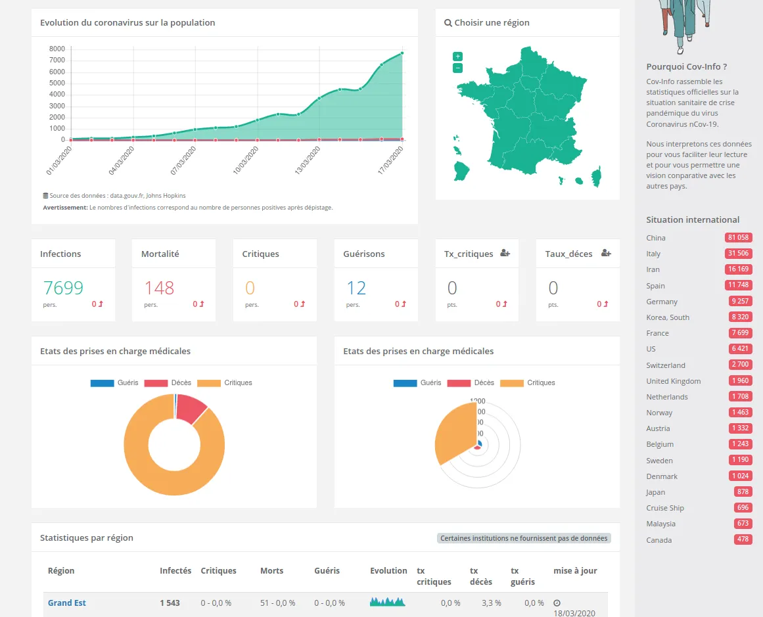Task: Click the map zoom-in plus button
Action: [458, 57]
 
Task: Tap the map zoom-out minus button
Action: [458, 68]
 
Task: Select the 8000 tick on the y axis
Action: [57, 49]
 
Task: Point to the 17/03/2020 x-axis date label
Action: [390, 160]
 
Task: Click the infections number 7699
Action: [63, 288]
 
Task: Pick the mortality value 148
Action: [159, 288]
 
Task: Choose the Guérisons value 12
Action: [356, 288]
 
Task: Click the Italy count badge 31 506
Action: [739, 254]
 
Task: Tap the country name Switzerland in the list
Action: [665, 365]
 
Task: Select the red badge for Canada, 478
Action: [743, 540]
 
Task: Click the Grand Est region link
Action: [67, 603]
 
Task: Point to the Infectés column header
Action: [175, 571]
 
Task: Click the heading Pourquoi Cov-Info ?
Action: [686, 66]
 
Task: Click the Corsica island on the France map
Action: [596, 177]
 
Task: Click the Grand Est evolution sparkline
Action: [388, 602]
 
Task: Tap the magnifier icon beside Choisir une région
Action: [448, 23]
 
